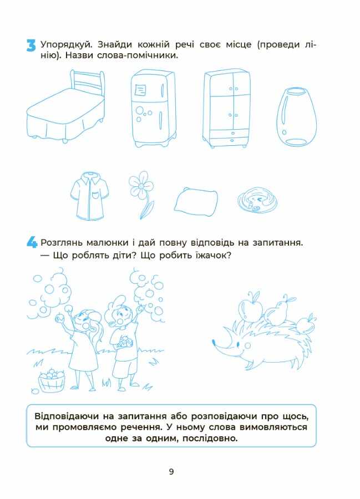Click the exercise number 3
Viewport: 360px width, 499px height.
pos(31,45)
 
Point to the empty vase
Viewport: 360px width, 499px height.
pos(297,116)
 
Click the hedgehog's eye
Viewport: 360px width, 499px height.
pos(239,345)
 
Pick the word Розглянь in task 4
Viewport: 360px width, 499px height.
pos(64,242)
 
